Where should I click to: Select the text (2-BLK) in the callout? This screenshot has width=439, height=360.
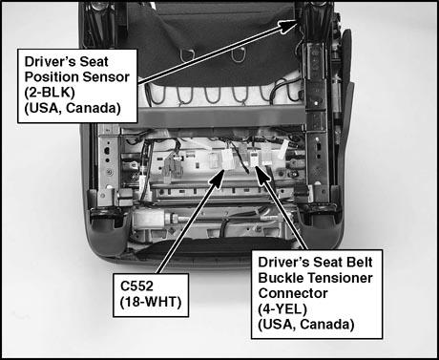click(x=50, y=93)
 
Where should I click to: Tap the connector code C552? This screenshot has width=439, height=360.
click(x=136, y=286)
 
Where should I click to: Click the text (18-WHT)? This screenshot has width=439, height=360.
click(x=151, y=302)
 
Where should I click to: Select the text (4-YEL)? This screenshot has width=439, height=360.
click(x=282, y=308)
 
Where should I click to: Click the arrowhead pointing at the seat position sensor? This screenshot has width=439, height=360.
click(x=289, y=26)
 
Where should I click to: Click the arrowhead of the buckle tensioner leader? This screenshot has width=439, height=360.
click(x=262, y=175)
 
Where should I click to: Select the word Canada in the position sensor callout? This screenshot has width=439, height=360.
click(x=94, y=108)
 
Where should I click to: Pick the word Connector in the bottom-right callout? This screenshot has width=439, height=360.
click(x=293, y=293)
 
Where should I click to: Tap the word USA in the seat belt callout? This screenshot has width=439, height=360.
click(x=278, y=325)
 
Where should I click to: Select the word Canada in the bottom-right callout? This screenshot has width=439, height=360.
click(x=327, y=325)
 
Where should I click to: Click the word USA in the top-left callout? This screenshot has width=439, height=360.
click(x=44, y=108)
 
